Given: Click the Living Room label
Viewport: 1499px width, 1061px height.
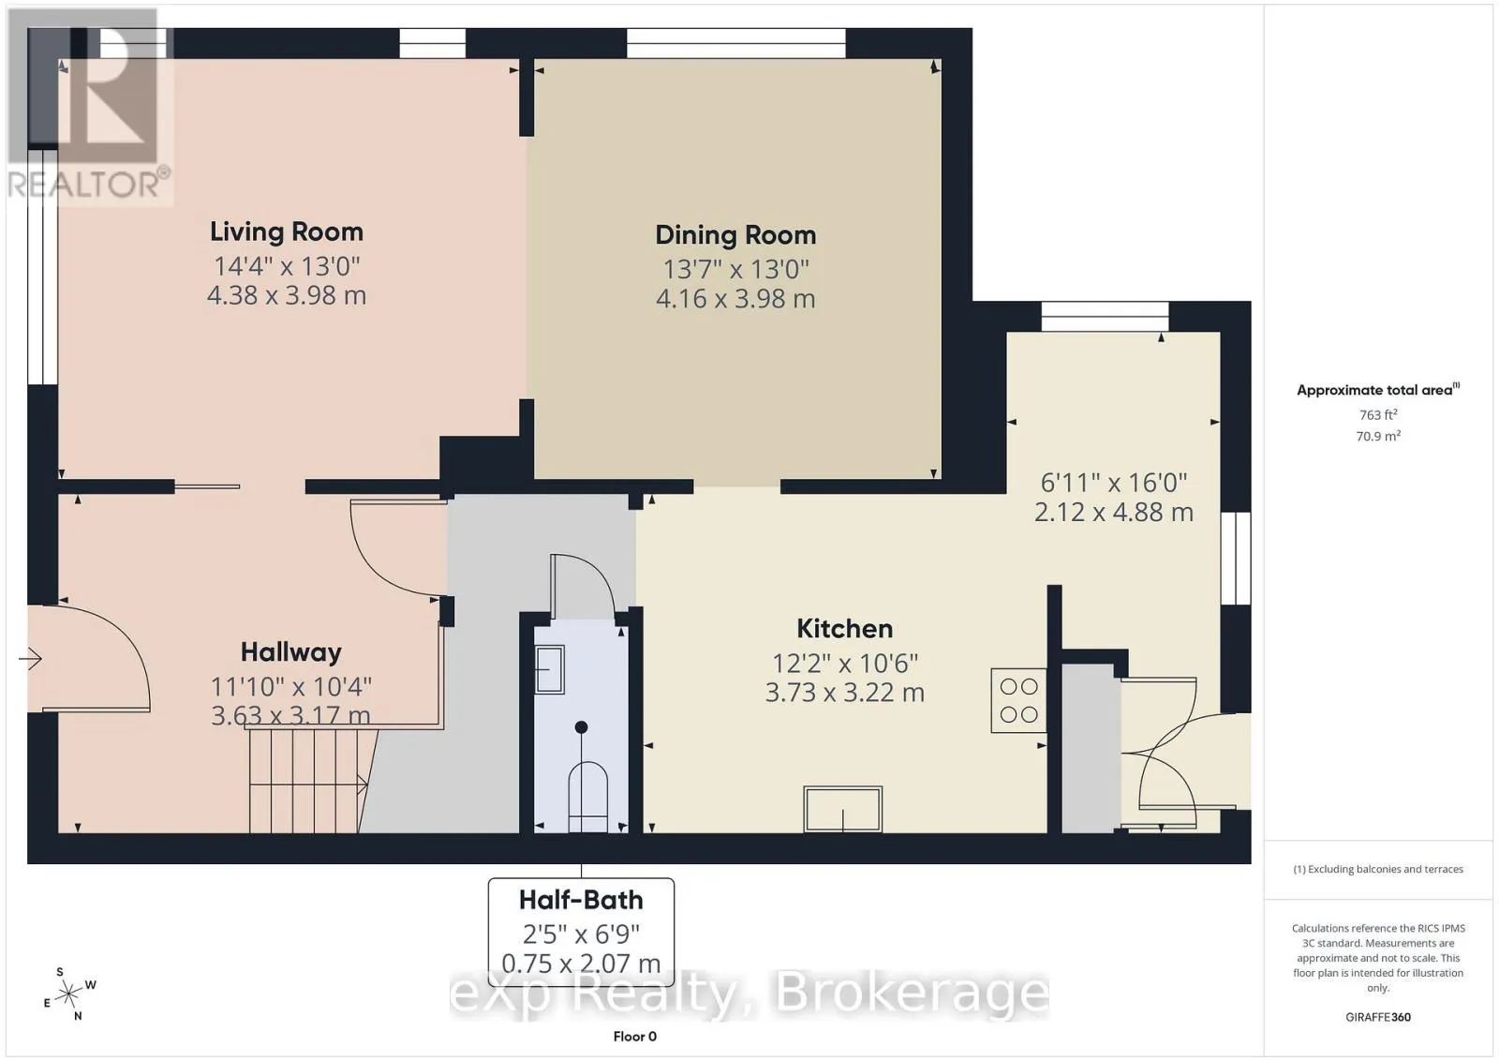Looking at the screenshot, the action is click(287, 232).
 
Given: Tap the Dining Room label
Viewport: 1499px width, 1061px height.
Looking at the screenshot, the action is click(735, 235).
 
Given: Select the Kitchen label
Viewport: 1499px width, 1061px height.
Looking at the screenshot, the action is click(844, 629).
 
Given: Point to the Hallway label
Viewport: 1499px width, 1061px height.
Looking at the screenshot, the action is click(291, 652).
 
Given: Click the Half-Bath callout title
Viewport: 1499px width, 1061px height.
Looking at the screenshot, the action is click(581, 900).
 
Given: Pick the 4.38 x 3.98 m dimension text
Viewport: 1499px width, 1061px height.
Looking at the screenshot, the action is click(287, 295).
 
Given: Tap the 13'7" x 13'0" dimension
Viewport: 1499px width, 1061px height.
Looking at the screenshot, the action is click(735, 269).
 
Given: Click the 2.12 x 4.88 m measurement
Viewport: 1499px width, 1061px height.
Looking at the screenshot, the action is click(1114, 512).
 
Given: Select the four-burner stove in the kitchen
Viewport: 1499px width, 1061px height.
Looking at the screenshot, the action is click(1018, 700).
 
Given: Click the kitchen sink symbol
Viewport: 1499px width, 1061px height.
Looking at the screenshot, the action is click(842, 809).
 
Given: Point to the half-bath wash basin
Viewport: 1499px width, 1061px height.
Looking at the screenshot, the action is click(549, 668).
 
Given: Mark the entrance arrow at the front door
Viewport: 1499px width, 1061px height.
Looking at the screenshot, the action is click(30, 659).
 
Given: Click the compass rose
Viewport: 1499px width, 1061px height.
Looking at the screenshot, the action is click(69, 994).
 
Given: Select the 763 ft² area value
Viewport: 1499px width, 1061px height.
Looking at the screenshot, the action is click(1378, 414).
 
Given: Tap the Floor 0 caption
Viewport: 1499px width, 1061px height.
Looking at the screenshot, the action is click(634, 1037).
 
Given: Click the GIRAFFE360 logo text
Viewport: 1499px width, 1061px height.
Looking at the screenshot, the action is click(1378, 1018).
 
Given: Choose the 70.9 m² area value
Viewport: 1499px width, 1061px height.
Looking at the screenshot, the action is click(1378, 436).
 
